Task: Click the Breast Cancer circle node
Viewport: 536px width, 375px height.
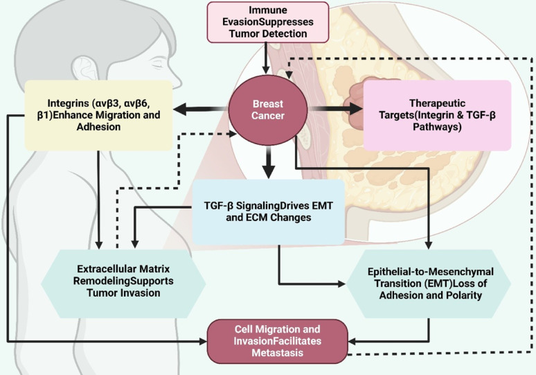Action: tap(268, 110)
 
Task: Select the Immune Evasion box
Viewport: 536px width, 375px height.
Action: tap(268, 22)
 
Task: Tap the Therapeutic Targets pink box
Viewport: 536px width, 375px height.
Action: tap(437, 115)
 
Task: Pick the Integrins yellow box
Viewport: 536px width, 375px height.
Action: tap(98, 115)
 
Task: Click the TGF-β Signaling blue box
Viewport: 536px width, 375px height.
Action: tap(268, 212)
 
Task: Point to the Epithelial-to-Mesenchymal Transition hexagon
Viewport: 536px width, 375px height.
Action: tap(429, 284)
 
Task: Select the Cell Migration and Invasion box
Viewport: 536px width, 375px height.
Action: tap(278, 341)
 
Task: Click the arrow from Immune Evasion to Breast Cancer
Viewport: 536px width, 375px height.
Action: tap(266, 58)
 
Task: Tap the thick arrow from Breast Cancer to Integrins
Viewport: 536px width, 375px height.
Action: tap(201, 109)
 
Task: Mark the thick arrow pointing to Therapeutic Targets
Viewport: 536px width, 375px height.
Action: tap(335, 109)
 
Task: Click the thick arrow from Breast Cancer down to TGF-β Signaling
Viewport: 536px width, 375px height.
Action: tap(269, 162)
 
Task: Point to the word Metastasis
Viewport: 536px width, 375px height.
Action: tap(278, 353)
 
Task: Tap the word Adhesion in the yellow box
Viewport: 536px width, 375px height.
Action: tap(98, 127)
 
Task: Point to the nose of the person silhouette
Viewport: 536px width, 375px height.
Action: tap(175, 80)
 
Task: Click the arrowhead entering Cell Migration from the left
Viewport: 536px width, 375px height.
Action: tap(204, 341)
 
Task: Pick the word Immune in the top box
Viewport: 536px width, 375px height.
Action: tap(268, 10)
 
